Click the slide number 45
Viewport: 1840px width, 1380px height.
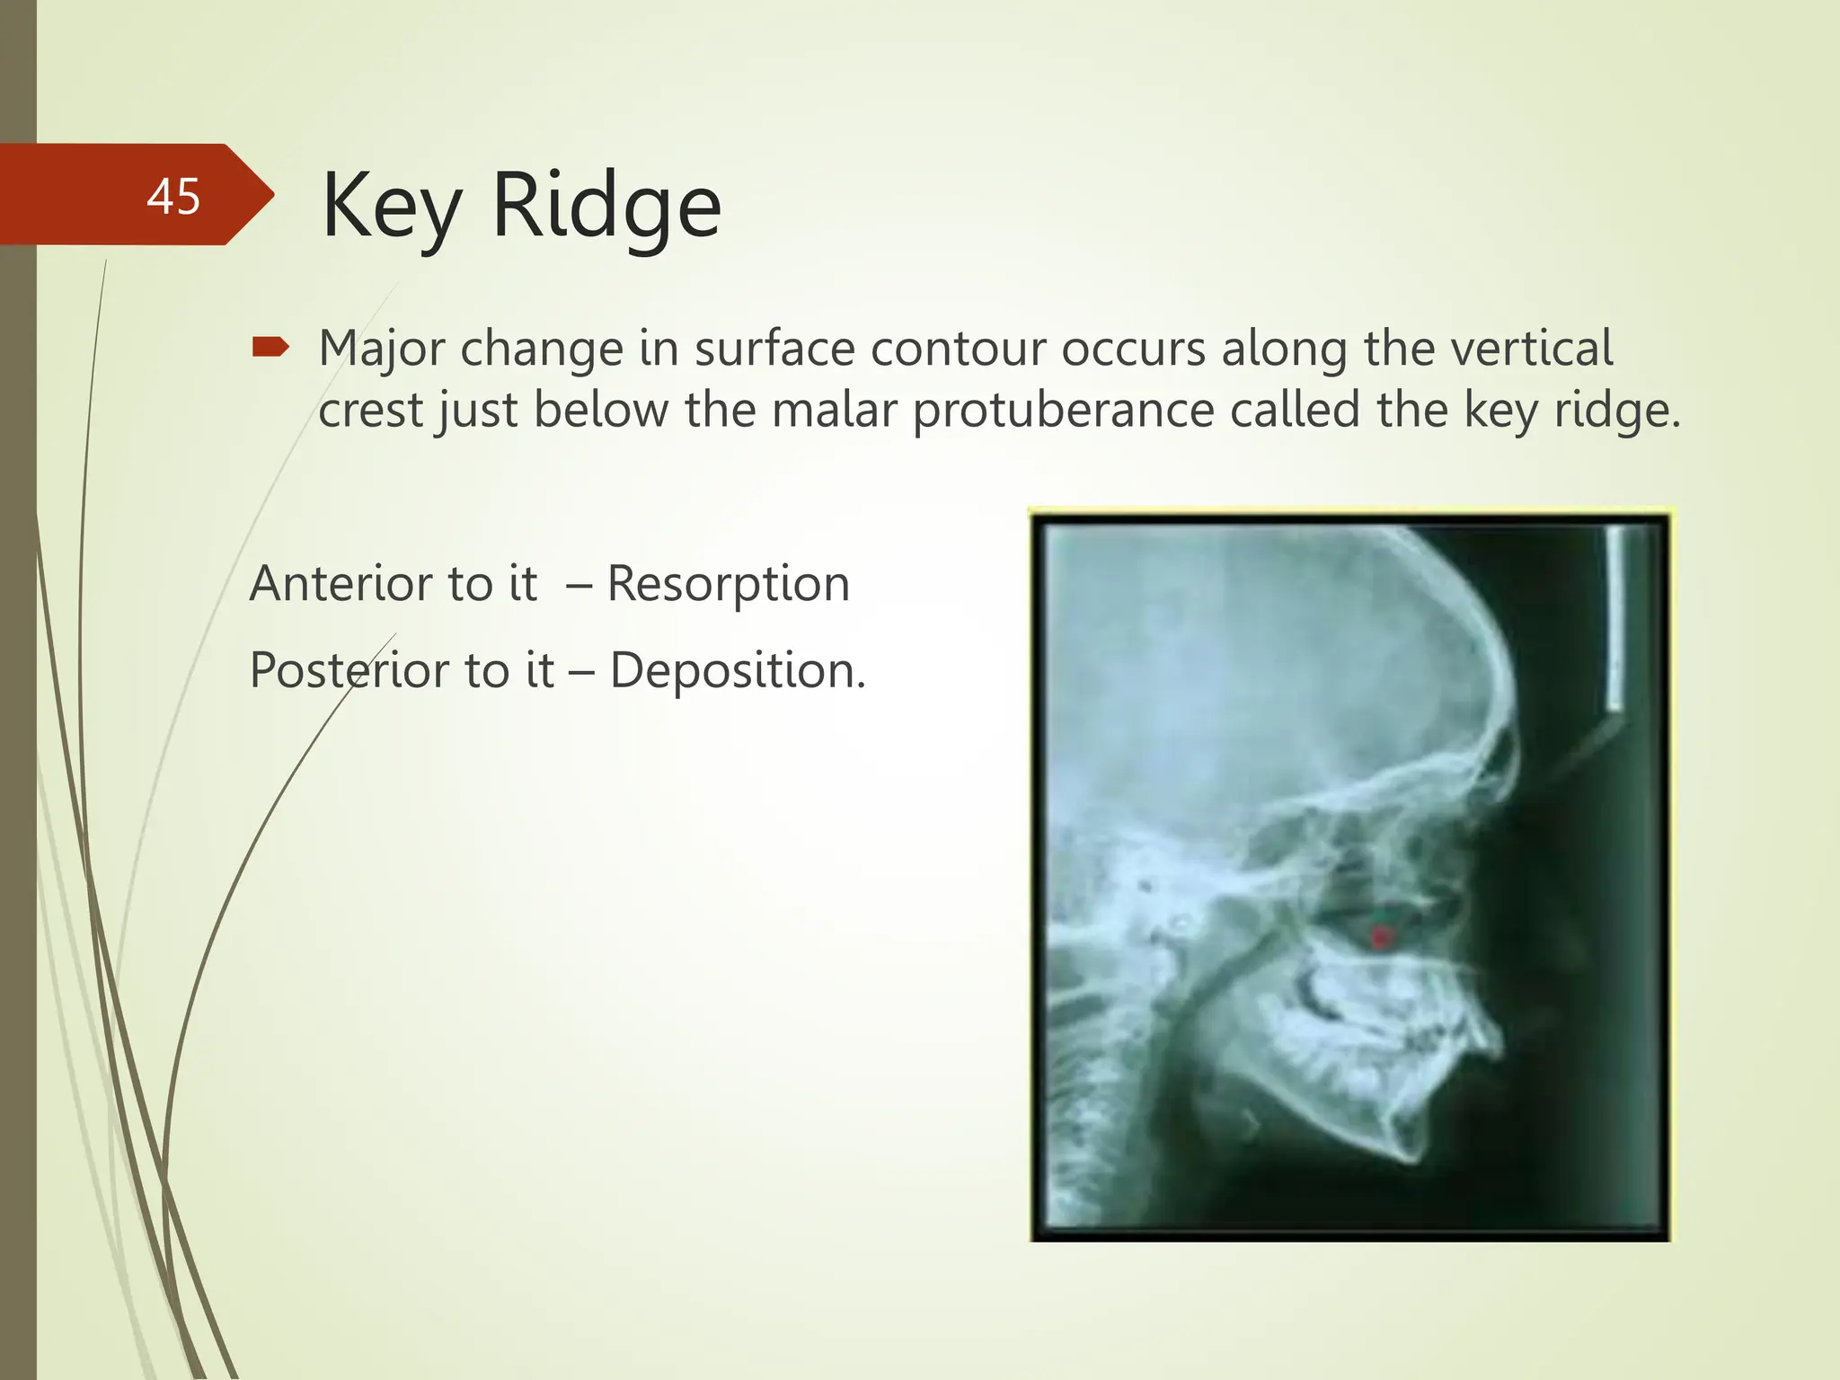pos(173,196)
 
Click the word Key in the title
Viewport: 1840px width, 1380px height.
pos(392,208)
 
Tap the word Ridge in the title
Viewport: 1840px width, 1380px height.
pos(606,208)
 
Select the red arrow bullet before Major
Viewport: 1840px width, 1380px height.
pos(270,347)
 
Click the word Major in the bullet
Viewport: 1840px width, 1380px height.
pos(381,349)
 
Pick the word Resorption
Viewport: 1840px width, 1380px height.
pos(728,584)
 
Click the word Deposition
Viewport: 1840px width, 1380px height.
pos(737,670)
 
